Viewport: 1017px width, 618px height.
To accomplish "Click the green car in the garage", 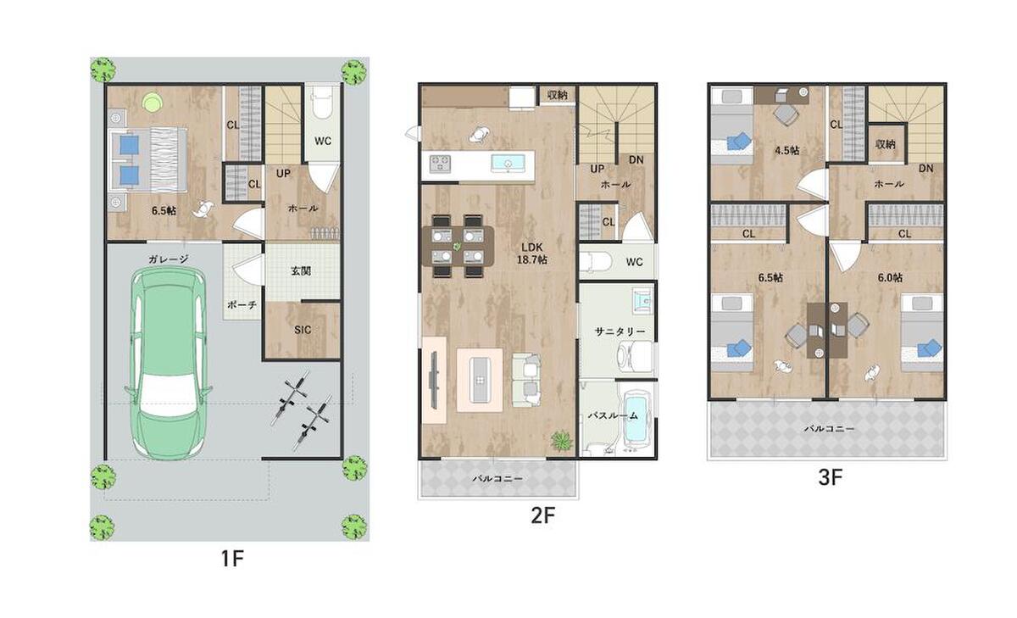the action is (x=169, y=364).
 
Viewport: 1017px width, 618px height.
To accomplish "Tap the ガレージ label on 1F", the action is (x=169, y=259).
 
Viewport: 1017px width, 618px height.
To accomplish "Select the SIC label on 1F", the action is (x=303, y=330).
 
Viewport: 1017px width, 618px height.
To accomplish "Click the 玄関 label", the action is (x=301, y=271).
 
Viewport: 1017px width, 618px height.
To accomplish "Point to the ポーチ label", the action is (x=242, y=305).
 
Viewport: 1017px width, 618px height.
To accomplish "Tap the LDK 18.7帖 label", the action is (x=532, y=253).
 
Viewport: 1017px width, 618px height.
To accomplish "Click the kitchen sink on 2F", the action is (x=508, y=163).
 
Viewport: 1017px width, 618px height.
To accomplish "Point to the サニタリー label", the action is (x=620, y=332).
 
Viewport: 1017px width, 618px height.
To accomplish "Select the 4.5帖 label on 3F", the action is (x=786, y=150).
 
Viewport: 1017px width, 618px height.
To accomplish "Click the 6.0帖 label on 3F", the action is (x=890, y=277).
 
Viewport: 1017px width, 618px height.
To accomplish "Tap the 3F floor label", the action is (x=831, y=477).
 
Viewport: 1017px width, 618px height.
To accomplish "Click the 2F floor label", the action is (x=543, y=515).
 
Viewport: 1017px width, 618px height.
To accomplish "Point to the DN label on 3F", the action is (x=925, y=169).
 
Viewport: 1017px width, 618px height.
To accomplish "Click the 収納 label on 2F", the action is (x=557, y=95).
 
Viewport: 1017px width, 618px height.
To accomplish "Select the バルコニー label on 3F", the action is (x=830, y=429).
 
